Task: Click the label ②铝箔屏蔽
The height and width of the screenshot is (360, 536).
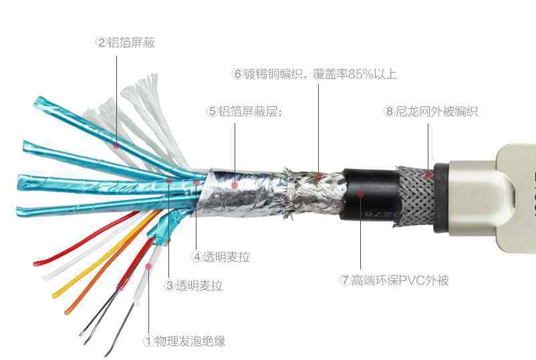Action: [x=126, y=43]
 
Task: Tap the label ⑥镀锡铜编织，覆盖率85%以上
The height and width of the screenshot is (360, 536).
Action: [x=314, y=73]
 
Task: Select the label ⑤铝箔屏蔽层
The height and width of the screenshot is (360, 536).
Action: [x=245, y=112]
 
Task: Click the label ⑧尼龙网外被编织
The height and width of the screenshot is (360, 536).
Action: [x=430, y=112]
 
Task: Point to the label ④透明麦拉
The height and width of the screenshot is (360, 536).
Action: [x=221, y=257]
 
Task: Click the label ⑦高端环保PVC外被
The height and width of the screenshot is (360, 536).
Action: [x=394, y=281]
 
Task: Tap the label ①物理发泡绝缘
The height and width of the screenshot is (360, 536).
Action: [x=185, y=341]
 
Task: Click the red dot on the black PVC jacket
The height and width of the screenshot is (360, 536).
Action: [x=361, y=194]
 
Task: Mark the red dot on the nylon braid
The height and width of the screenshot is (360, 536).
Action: [x=428, y=175]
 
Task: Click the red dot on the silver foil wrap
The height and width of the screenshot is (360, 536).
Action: [x=235, y=185]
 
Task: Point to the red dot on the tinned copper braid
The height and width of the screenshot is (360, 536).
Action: [x=318, y=176]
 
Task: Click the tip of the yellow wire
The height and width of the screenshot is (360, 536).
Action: [x=54, y=295]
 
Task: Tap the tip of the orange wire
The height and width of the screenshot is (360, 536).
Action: [x=67, y=311]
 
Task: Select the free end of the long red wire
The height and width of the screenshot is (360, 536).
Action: [x=35, y=262]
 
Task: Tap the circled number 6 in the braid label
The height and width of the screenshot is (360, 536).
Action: [x=237, y=73]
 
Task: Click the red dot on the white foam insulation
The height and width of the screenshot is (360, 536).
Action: [x=148, y=266]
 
